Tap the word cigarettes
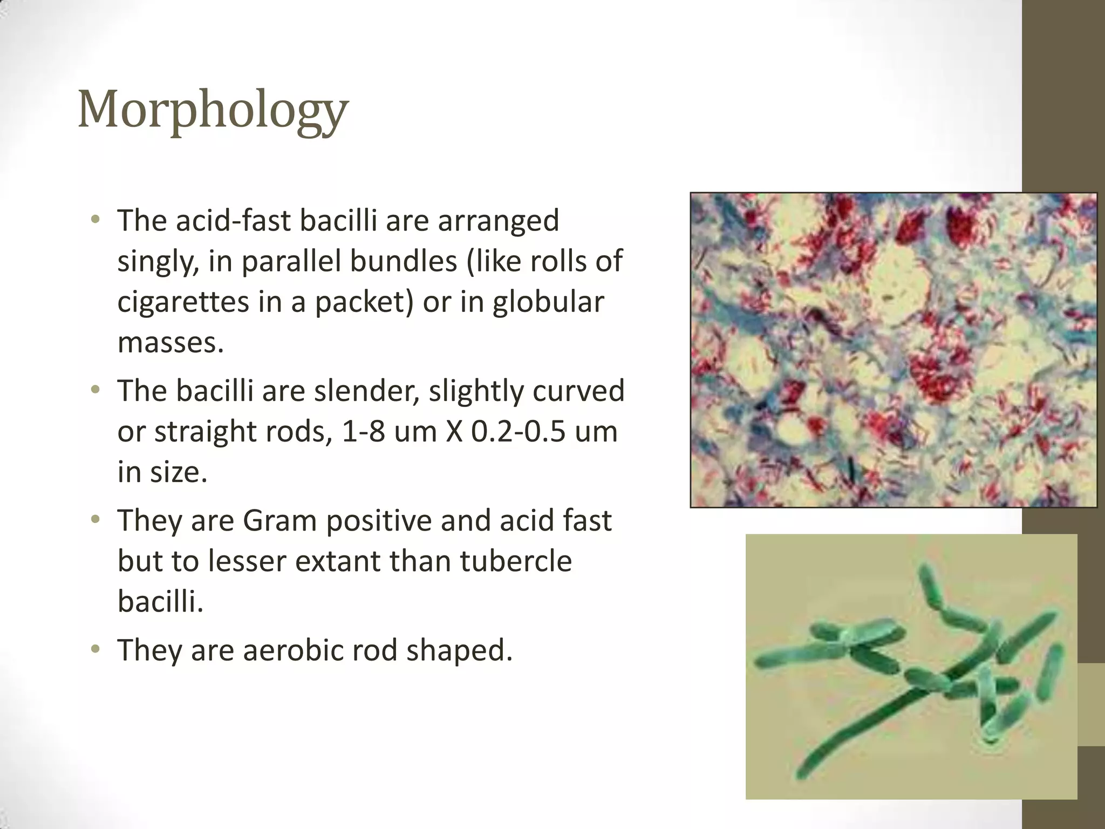(x=183, y=302)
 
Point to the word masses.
(x=170, y=342)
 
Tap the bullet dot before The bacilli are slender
(x=96, y=389)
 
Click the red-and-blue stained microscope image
(x=893, y=350)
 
